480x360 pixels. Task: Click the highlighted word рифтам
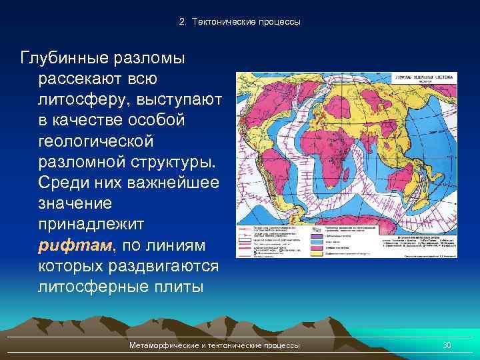pos(75,245)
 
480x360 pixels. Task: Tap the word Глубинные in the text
pos(67,58)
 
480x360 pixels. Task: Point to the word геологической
pos(96,141)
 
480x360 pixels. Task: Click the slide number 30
pos(447,345)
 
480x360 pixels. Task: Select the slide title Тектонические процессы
pos(240,22)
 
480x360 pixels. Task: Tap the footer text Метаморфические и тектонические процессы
pos(215,345)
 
